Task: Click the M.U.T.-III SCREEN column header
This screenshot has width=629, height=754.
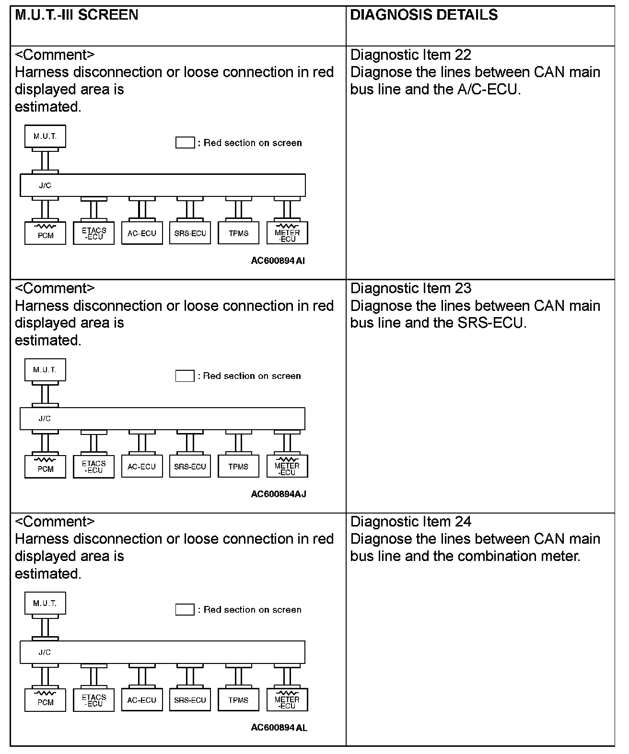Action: (77, 15)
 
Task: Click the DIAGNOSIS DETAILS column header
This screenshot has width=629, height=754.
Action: (424, 15)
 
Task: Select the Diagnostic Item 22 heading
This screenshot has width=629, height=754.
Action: (411, 55)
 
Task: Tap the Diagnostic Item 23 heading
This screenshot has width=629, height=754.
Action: (411, 288)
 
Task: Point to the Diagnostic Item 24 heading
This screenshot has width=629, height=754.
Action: (411, 522)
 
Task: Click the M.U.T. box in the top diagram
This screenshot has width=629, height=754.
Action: (45, 137)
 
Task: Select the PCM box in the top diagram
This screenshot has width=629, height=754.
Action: (45, 233)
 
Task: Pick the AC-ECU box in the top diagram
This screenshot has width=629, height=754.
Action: (142, 233)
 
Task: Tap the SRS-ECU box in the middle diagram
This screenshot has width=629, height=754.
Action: (190, 467)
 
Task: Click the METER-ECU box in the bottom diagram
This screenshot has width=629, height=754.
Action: (287, 700)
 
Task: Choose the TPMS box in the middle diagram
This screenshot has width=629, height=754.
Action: (238, 467)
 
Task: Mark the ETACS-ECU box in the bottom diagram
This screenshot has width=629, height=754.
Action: (93, 700)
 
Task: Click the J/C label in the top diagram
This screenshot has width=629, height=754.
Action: (45, 185)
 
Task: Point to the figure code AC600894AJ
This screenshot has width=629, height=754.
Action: (279, 494)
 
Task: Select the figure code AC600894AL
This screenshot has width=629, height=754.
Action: (279, 728)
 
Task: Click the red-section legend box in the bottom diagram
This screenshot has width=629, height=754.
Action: (185, 609)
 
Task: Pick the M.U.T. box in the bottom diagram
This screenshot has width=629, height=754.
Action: (45, 603)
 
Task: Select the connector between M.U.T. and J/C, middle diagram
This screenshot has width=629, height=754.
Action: (45, 394)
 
